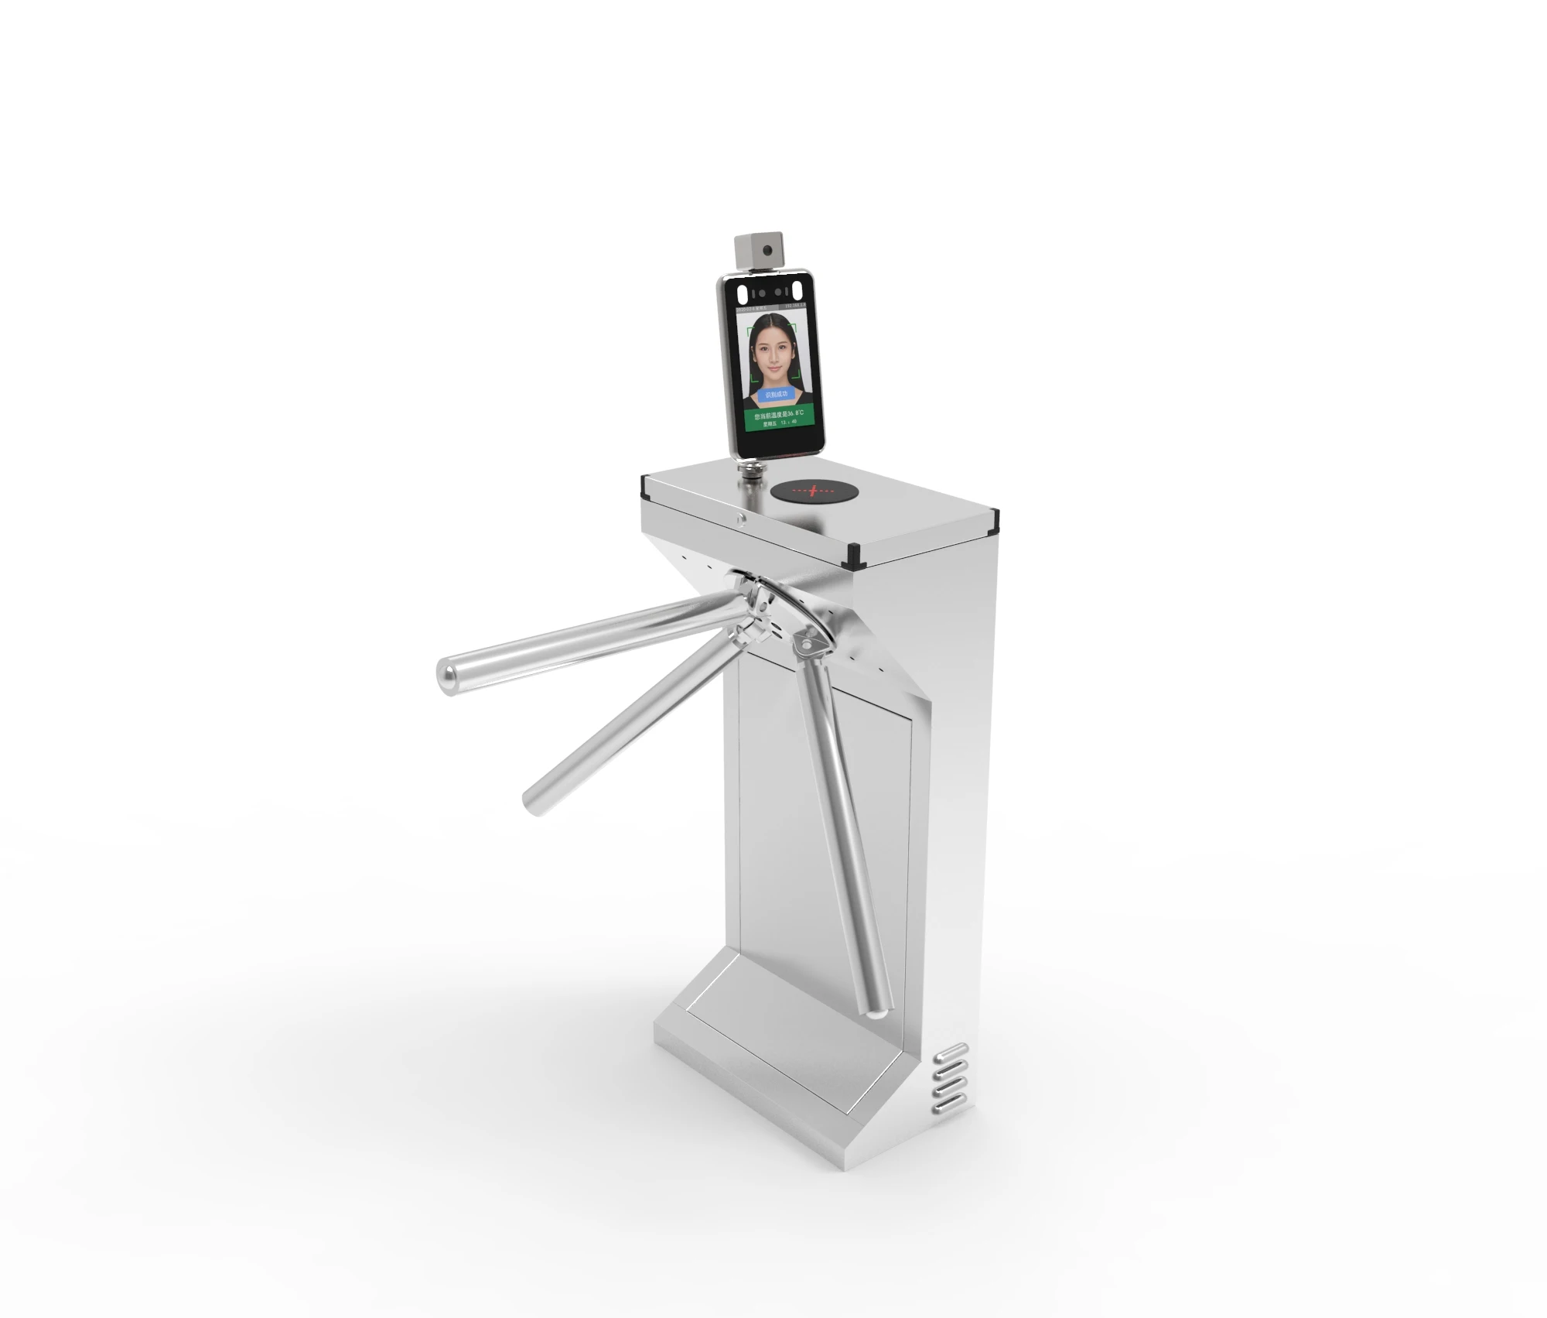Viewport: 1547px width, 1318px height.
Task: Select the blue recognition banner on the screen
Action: click(x=776, y=394)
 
